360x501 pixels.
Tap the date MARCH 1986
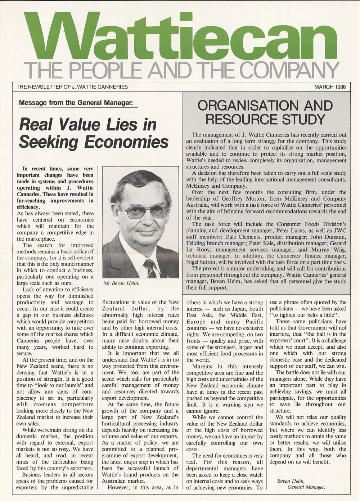330,87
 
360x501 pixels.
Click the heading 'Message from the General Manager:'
76,103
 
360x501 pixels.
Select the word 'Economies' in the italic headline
126,142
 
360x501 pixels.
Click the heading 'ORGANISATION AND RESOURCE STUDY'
265,112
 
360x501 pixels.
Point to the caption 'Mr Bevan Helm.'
121,283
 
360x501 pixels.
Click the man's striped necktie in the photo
150,268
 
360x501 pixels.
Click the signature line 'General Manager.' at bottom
306,487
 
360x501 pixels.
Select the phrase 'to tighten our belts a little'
306,315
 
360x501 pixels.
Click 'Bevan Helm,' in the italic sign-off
291,481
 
